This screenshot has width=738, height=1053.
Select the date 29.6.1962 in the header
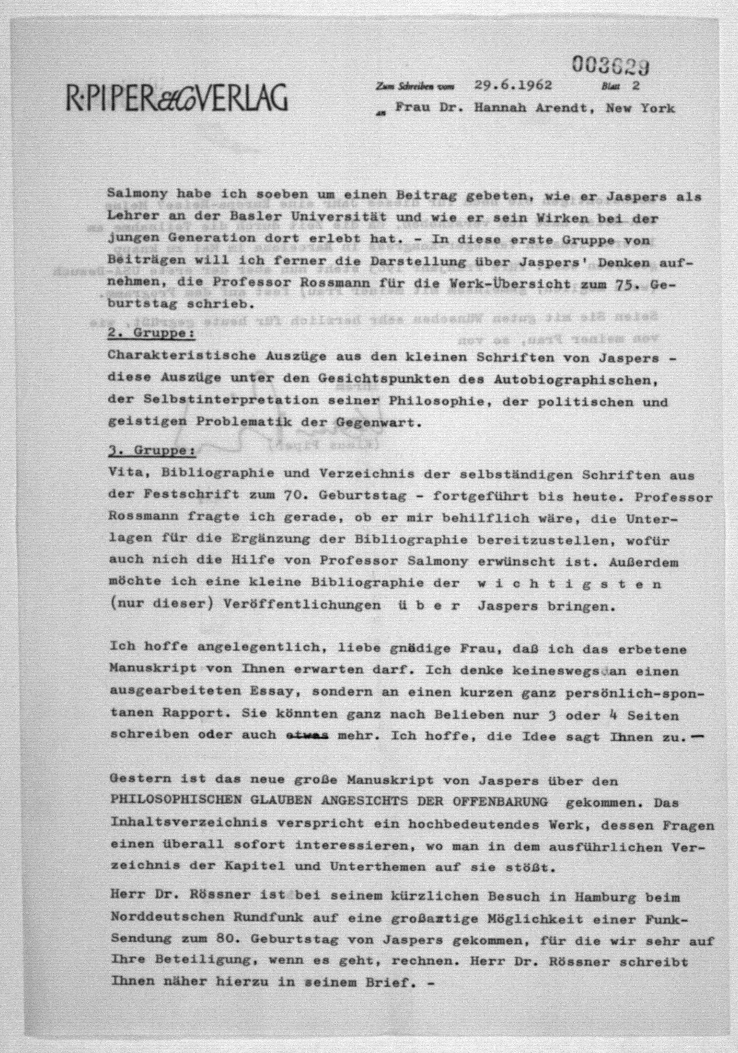coord(513,85)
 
